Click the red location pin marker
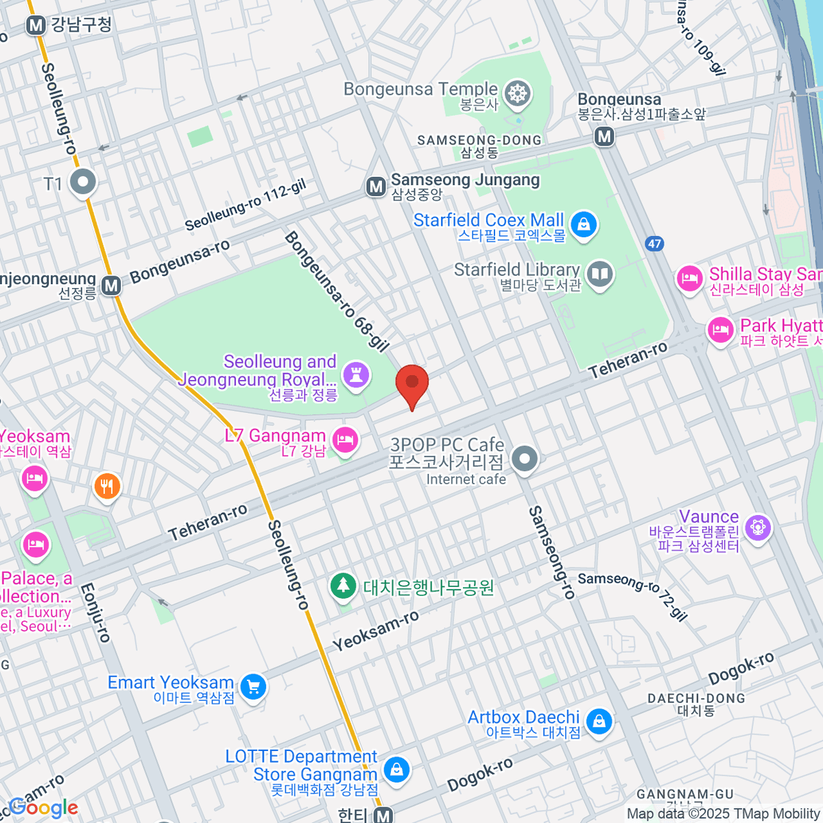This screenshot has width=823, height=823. (x=412, y=383)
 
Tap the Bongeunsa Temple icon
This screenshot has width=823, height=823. (x=518, y=95)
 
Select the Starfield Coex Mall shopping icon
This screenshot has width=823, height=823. (x=584, y=224)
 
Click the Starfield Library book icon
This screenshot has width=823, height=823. (x=600, y=274)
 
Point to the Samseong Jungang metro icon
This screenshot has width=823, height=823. (x=376, y=186)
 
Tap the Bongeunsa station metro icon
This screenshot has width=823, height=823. (x=604, y=136)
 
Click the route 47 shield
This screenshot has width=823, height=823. (x=654, y=243)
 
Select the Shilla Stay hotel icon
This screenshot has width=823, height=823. (x=689, y=278)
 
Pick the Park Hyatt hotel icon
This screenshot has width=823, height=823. (x=720, y=330)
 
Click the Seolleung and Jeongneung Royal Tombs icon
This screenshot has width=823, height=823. (x=356, y=374)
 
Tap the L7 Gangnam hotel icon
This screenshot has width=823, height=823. (x=345, y=439)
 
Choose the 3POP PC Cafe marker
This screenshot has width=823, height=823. (x=525, y=458)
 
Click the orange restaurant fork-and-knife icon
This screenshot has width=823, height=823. (x=106, y=486)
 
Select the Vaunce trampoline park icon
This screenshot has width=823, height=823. (x=758, y=528)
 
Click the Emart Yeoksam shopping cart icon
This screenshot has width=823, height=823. (x=253, y=687)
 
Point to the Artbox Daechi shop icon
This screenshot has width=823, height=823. (x=599, y=721)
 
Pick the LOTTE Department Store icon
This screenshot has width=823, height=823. (x=396, y=770)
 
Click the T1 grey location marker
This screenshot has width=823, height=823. (x=84, y=182)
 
